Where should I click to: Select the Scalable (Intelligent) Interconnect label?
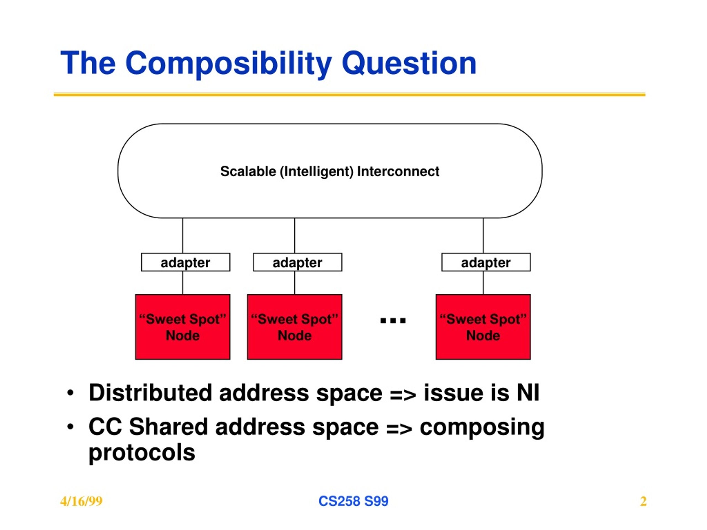(x=330, y=171)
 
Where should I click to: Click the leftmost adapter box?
(x=185, y=262)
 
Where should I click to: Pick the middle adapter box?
(x=297, y=262)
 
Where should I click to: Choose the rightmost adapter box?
(x=486, y=262)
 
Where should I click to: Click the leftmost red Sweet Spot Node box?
(x=183, y=327)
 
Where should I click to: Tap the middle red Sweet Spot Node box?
(x=294, y=327)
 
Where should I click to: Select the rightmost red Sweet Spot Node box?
(x=483, y=327)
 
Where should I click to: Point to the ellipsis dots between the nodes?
(x=393, y=320)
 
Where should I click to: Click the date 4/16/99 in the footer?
(x=81, y=501)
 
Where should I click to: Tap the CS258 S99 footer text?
(x=353, y=501)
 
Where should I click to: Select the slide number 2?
(x=643, y=501)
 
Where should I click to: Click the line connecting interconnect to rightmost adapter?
(x=483, y=236)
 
